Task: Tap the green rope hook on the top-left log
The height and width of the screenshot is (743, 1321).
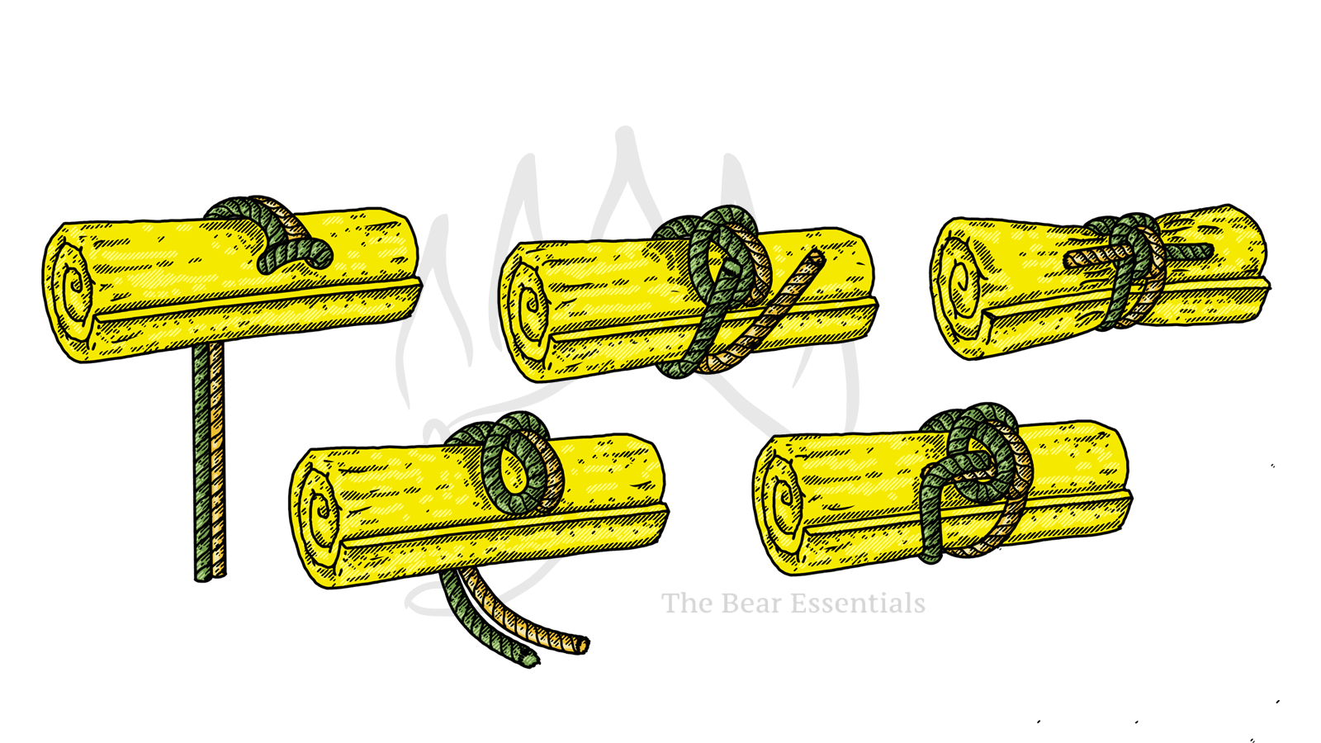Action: pos(297,256)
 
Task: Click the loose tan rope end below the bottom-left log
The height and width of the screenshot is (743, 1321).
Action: pos(581,644)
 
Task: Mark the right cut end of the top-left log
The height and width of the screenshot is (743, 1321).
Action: pos(405,248)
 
